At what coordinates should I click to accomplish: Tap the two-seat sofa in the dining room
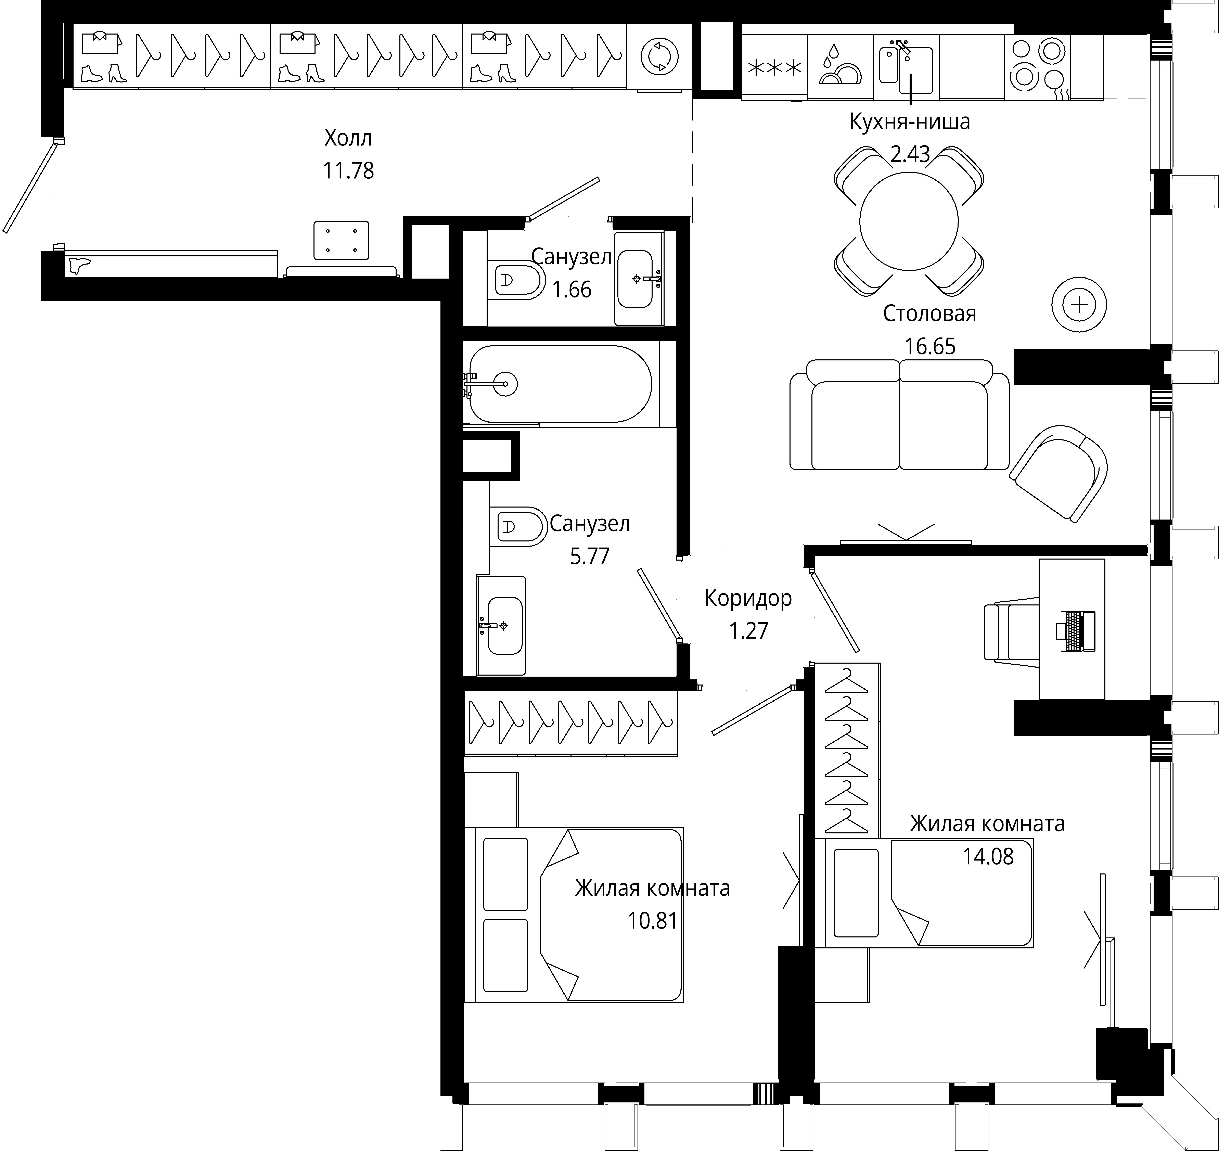point(899,415)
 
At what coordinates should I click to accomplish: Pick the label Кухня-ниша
point(910,122)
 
